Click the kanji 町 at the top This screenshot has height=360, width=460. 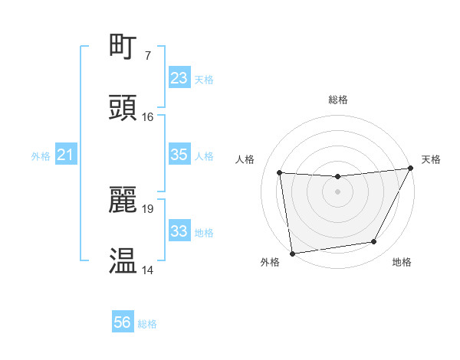tap(123, 46)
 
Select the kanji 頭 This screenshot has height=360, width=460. tap(123, 108)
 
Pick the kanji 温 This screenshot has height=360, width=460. tap(123, 261)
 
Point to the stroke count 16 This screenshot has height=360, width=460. tap(148, 117)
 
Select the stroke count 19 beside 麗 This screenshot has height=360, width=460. tap(148, 208)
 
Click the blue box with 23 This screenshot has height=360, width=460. tap(179, 78)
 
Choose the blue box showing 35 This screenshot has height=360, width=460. tap(179, 155)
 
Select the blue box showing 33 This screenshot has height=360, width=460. tap(179, 231)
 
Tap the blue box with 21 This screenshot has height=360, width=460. tap(66, 155)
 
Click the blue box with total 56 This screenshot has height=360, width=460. tap(123, 323)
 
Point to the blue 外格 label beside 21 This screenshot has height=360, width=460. tap(41, 156)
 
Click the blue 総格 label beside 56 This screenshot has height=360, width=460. tap(147, 324)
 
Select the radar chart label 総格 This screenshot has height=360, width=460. tap(337, 100)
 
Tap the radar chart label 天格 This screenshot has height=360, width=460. tap(431, 159)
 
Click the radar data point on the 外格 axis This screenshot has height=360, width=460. tap(292, 253)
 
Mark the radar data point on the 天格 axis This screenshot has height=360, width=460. tap(411, 168)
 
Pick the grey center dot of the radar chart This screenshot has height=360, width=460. tap(337, 191)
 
